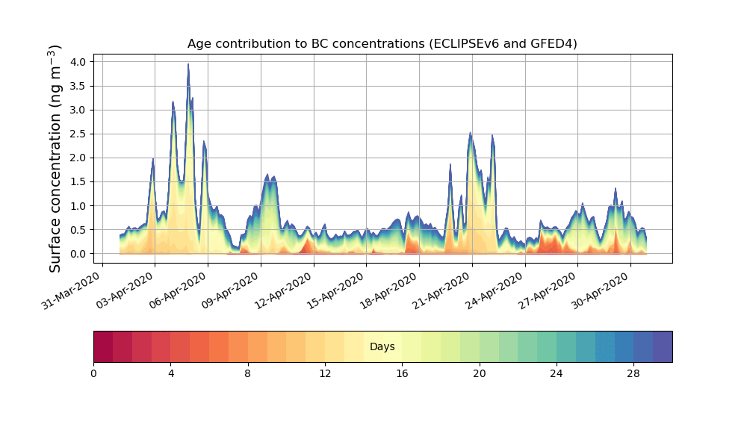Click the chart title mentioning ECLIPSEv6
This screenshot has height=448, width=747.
382,44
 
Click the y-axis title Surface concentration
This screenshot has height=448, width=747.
55,158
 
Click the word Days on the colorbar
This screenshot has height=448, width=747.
382,347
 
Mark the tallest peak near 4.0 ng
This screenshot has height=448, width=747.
188,66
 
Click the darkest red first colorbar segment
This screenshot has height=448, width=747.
103,347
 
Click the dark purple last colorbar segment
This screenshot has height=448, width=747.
663,347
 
